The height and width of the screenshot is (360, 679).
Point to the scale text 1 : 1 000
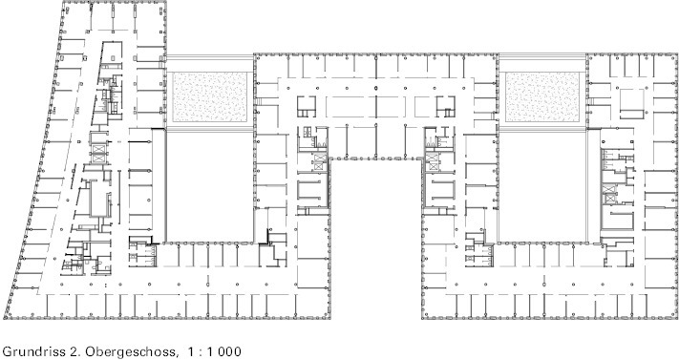[214, 351]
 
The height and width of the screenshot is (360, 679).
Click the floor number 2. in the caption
[74, 351]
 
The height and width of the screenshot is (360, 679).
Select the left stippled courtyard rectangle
[210, 97]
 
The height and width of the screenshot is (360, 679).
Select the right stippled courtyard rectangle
[542, 97]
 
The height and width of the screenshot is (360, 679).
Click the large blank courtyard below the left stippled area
[210, 186]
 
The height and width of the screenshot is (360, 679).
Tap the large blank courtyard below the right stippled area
[543, 186]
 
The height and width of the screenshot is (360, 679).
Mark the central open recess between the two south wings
[376, 239]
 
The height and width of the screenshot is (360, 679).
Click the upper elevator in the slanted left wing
[98, 149]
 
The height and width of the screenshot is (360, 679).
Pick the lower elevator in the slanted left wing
[98, 159]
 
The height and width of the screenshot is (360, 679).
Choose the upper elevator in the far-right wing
[609, 189]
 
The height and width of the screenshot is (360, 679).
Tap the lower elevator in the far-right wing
[609, 199]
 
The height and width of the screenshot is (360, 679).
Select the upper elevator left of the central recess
[320, 158]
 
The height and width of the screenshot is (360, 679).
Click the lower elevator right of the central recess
[433, 165]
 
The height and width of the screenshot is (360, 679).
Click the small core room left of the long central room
[307, 107]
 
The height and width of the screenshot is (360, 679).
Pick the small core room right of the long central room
[446, 107]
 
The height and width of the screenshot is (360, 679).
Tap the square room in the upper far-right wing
[632, 103]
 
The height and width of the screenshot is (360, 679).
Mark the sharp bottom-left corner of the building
[4, 318]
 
